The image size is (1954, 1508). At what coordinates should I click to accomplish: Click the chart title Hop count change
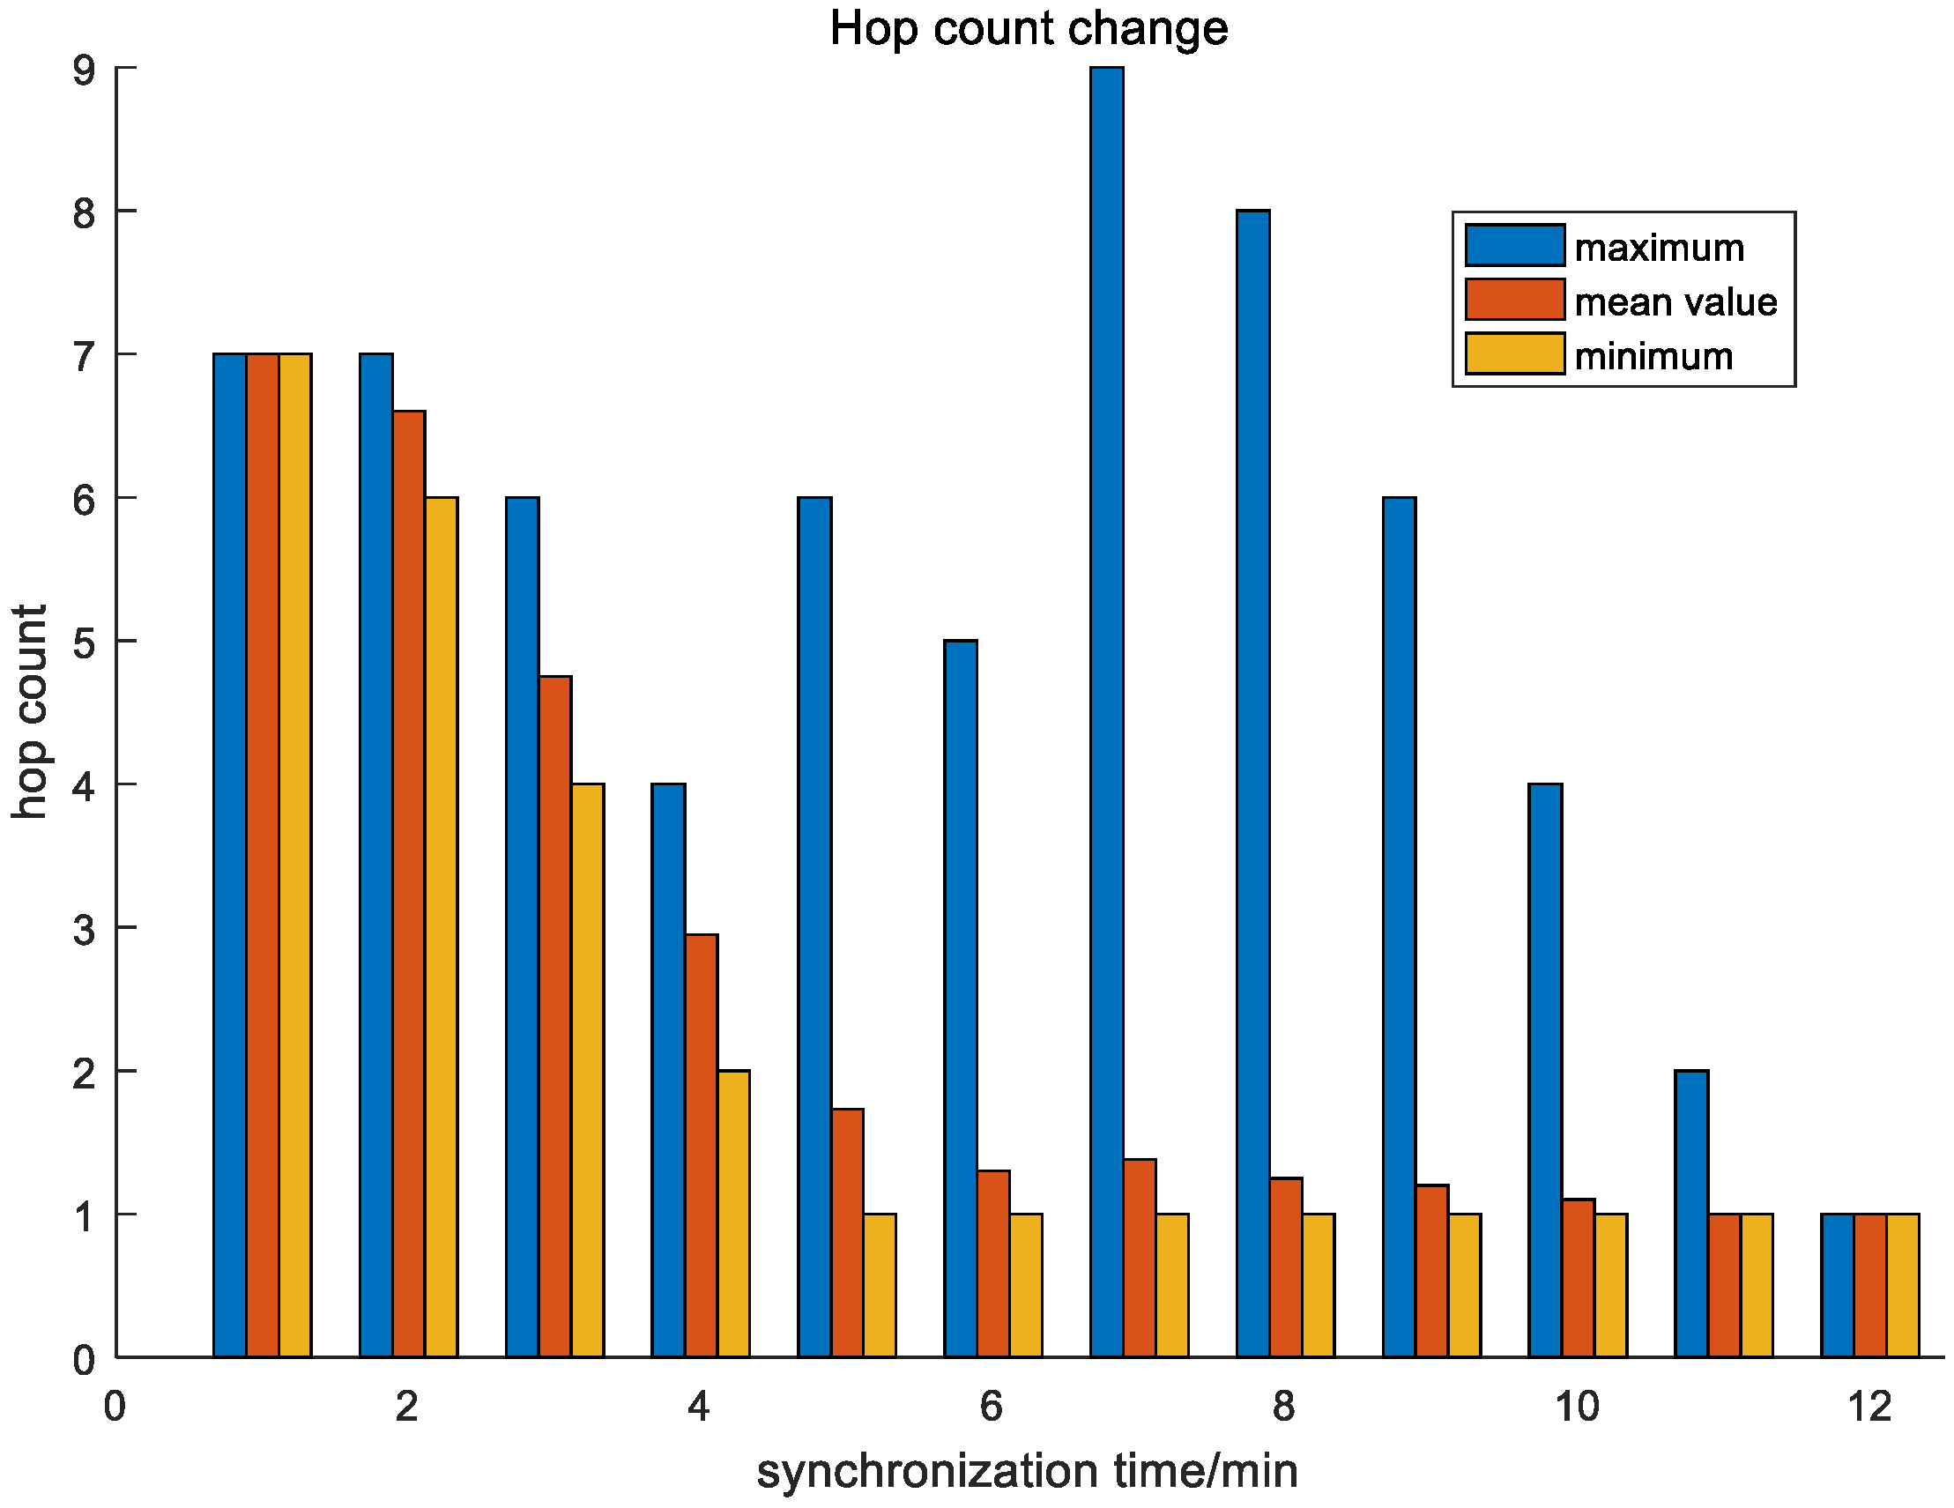click(1028, 28)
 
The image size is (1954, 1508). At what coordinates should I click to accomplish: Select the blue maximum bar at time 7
click(1107, 716)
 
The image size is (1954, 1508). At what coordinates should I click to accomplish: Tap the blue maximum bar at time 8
click(1252, 787)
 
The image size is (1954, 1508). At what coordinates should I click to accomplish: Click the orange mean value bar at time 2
click(409, 886)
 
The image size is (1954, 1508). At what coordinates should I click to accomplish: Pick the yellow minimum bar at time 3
click(588, 1073)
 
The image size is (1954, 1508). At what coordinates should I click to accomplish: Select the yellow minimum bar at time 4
click(733, 1215)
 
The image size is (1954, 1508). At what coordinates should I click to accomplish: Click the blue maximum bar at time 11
click(1691, 1215)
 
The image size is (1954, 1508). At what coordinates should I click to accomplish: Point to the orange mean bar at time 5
click(847, 1234)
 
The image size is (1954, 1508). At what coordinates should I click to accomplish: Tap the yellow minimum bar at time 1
click(295, 858)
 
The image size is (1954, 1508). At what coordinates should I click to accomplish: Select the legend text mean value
click(1675, 302)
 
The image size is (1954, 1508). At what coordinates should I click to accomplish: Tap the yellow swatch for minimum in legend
click(1515, 354)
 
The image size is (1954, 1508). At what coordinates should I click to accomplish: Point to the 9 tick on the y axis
click(85, 70)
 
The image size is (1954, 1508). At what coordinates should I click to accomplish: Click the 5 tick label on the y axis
click(85, 643)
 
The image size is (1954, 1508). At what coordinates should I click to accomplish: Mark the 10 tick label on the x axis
click(1577, 1408)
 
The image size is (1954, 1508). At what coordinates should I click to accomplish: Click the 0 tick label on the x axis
click(115, 1408)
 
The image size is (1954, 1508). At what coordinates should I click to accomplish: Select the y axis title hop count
click(31, 712)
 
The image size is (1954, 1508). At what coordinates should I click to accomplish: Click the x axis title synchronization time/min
click(1027, 1472)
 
